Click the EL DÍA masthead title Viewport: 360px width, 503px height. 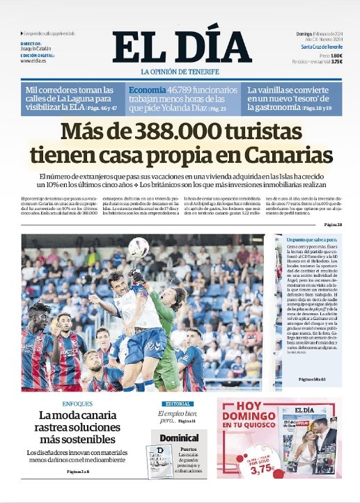point(180,47)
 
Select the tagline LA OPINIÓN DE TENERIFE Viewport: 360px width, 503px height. point(180,72)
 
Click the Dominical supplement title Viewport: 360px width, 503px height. point(179,438)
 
